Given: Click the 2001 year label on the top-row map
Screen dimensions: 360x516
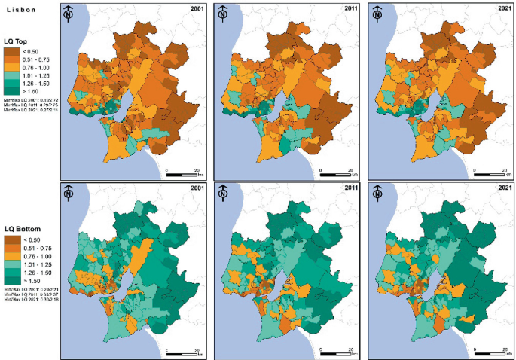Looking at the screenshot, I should (x=198, y=9).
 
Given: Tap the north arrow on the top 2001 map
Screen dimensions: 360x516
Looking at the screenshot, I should (x=69, y=14).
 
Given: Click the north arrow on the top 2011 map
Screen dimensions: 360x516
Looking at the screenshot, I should (x=223, y=14).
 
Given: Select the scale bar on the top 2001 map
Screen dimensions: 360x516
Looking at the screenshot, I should (x=183, y=174).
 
